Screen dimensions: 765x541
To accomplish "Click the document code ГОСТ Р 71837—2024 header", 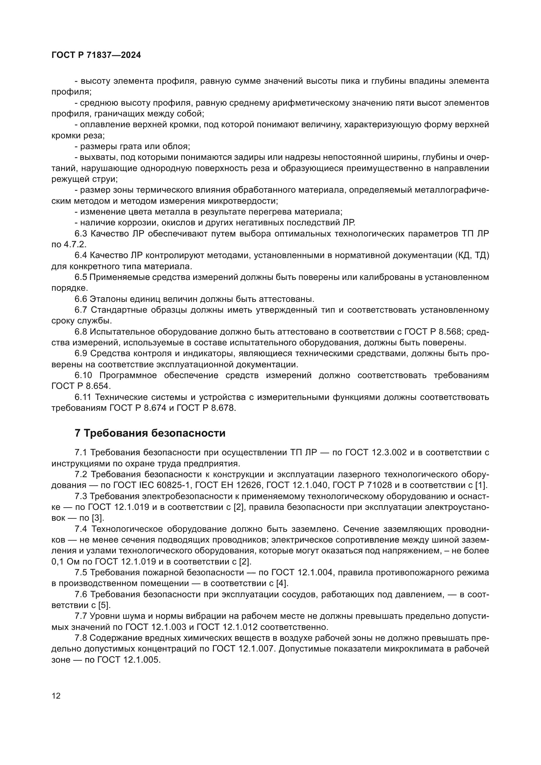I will tap(96, 55).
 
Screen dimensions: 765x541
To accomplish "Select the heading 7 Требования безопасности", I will tap(150, 433).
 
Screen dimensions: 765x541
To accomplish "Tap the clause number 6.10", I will tap(83, 375).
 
